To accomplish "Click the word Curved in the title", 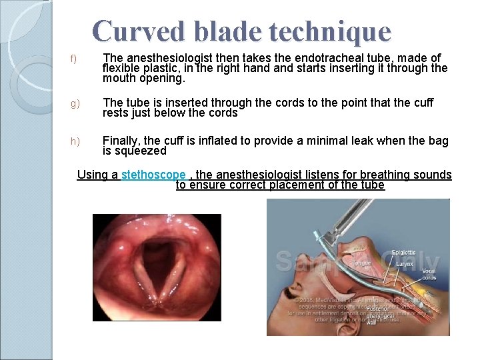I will click(134, 31).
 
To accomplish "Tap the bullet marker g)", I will click(75, 104).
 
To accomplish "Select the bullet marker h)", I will click(75, 141).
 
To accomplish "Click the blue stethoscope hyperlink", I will click(153, 175).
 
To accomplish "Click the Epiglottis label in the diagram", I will click(403, 253).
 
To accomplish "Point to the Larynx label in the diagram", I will click(405, 264).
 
